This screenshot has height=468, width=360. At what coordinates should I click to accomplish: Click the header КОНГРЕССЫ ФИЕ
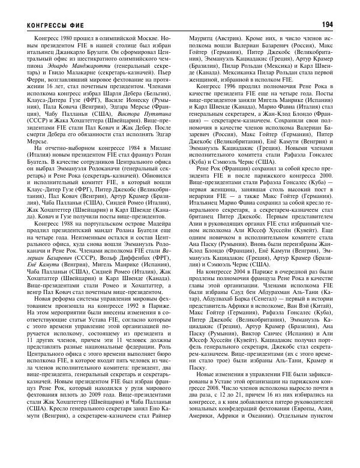(x=53, y=25)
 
